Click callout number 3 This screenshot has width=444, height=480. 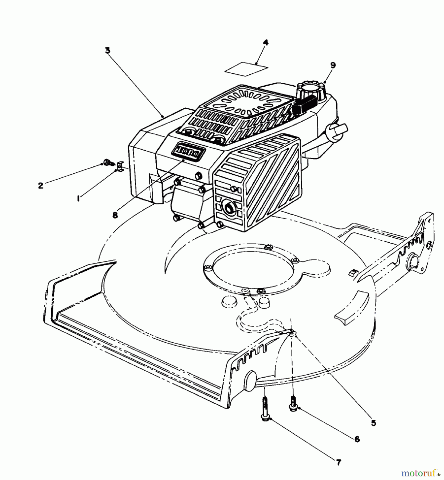pos(108,51)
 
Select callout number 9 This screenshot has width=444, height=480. pos(333,65)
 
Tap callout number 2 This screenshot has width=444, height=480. pos(41,186)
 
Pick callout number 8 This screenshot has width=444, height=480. pos(115,215)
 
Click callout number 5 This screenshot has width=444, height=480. pos(373,423)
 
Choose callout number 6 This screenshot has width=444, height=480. pos(357,439)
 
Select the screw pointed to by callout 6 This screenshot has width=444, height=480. pos(293,405)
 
